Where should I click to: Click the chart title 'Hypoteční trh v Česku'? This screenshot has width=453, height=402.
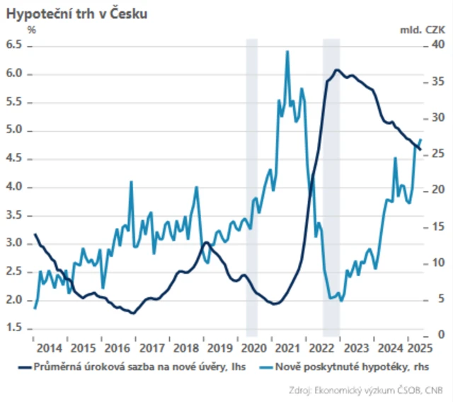pos(76,13)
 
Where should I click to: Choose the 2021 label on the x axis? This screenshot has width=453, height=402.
pos(288,348)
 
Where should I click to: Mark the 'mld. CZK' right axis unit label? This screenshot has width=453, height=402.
pos(423,30)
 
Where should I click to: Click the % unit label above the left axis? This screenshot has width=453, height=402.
pos(31,30)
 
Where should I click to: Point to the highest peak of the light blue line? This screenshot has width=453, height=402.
pos(287,51)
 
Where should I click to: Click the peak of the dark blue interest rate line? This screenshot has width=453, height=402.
pos(337,70)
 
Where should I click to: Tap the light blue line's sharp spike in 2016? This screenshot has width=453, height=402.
pos(131,182)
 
